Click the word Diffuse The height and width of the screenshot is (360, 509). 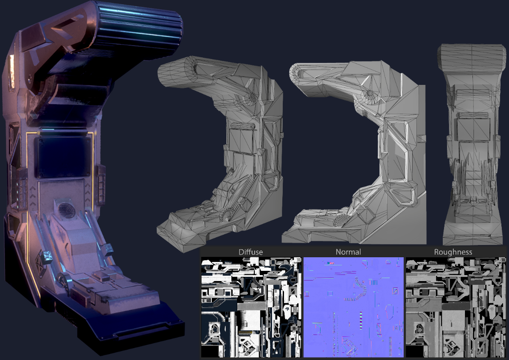tap(250, 252)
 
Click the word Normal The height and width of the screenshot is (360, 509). tap(348, 252)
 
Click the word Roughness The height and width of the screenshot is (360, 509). tap(453, 252)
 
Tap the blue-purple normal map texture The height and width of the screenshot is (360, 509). tap(354, 307)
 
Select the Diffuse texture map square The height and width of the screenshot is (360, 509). tap(251, 307)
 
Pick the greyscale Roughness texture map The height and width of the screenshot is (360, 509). tap(456, 307)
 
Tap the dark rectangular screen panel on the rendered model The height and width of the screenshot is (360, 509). tap(64, 157)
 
